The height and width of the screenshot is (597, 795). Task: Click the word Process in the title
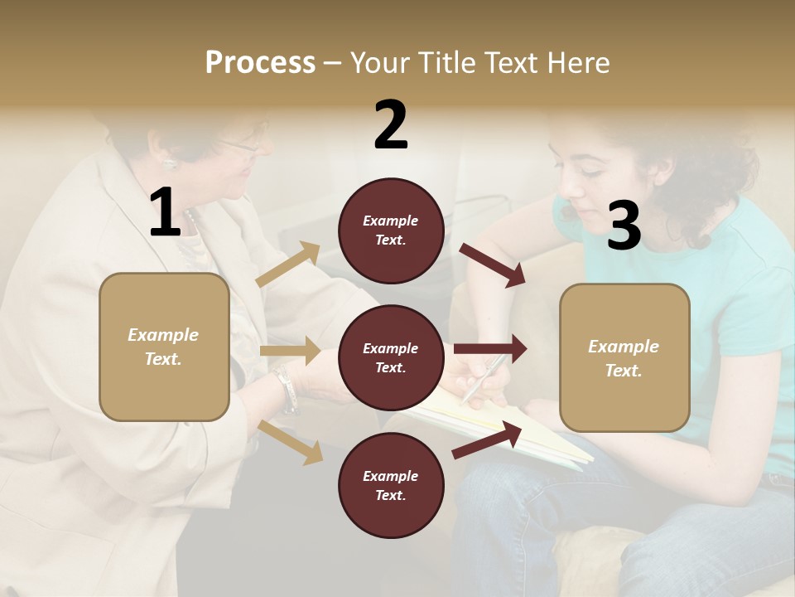[260, 63]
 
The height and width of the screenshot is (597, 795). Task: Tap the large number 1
[165, 214]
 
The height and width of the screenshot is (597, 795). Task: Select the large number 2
[391, 126]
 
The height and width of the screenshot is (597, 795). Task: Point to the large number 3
[624, 226]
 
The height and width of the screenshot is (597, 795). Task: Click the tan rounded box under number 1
[164, 347]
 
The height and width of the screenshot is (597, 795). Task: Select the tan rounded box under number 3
[624, 357]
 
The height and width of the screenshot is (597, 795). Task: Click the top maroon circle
[391, 231]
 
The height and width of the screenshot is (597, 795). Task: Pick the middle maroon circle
[391, 358]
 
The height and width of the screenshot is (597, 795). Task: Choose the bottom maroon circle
[391, 486]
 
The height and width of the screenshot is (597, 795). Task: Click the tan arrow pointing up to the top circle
[288, 265]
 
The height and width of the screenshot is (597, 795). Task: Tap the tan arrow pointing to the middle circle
[290, 351]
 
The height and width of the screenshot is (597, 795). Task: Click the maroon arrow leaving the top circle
[493, 265]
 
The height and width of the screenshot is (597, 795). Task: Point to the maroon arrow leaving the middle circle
[490, 349]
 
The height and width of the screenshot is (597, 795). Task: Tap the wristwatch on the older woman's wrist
[287, 390]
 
